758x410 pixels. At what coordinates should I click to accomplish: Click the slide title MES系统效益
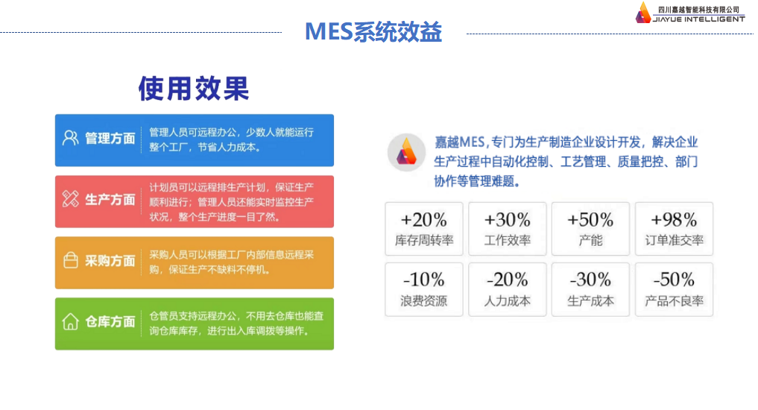tap(373, 32)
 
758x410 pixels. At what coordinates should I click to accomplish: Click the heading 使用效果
tap(194, 89)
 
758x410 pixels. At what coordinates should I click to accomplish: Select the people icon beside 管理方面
tap(70, 138)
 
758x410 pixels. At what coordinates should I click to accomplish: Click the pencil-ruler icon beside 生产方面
tap(70, 199)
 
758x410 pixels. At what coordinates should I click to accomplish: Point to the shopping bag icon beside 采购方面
tap(70, 260)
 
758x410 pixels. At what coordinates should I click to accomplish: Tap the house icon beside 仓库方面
tap(70, 321)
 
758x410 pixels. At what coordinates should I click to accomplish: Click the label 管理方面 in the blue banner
tap(110, 139)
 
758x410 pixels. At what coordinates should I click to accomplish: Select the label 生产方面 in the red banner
tap(110, 200)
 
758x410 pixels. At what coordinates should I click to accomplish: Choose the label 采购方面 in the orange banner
tap(110, 261)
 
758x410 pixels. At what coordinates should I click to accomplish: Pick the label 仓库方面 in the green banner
tap(110, 322)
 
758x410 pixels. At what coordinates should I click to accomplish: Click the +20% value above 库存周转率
tap(423, 220)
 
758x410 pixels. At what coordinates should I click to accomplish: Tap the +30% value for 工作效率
tap(507, 220)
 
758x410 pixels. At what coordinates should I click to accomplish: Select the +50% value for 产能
tap(590, 220)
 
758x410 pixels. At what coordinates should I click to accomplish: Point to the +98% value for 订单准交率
tap(674, 220)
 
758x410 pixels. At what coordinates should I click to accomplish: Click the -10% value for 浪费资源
tap(423, 280)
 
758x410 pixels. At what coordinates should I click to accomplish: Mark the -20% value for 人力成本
tap(507, 280)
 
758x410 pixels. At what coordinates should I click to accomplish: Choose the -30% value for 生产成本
tap(590, 280)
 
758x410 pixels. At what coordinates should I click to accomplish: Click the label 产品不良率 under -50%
tap(674, 302)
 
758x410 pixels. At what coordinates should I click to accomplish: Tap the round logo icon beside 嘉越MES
tap(406, 153)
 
